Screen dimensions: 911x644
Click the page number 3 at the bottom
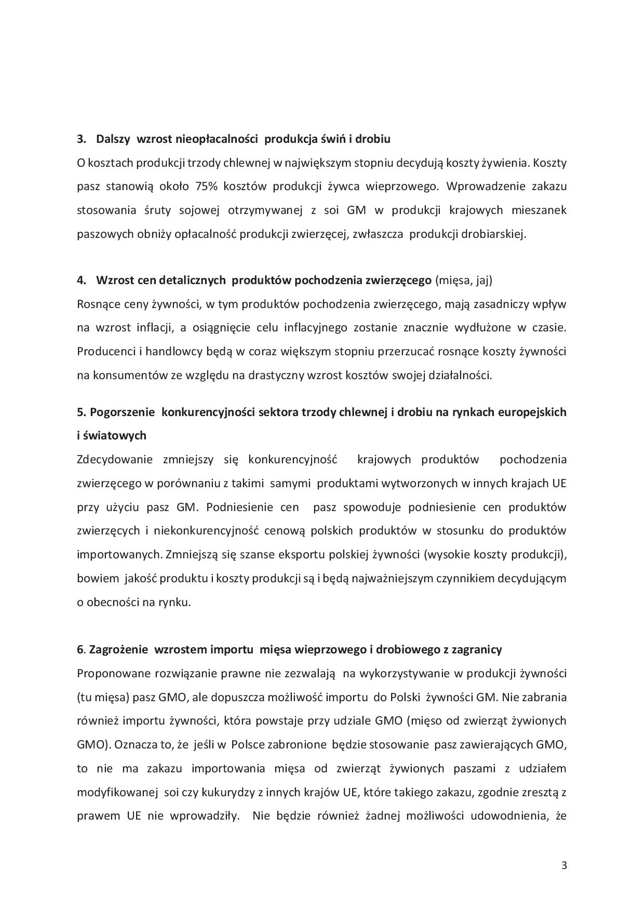tap(564, 865)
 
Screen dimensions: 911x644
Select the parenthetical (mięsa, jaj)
tap(463, 280)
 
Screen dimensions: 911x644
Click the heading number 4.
tap(81, 280)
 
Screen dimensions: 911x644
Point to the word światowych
tap(114, 436)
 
